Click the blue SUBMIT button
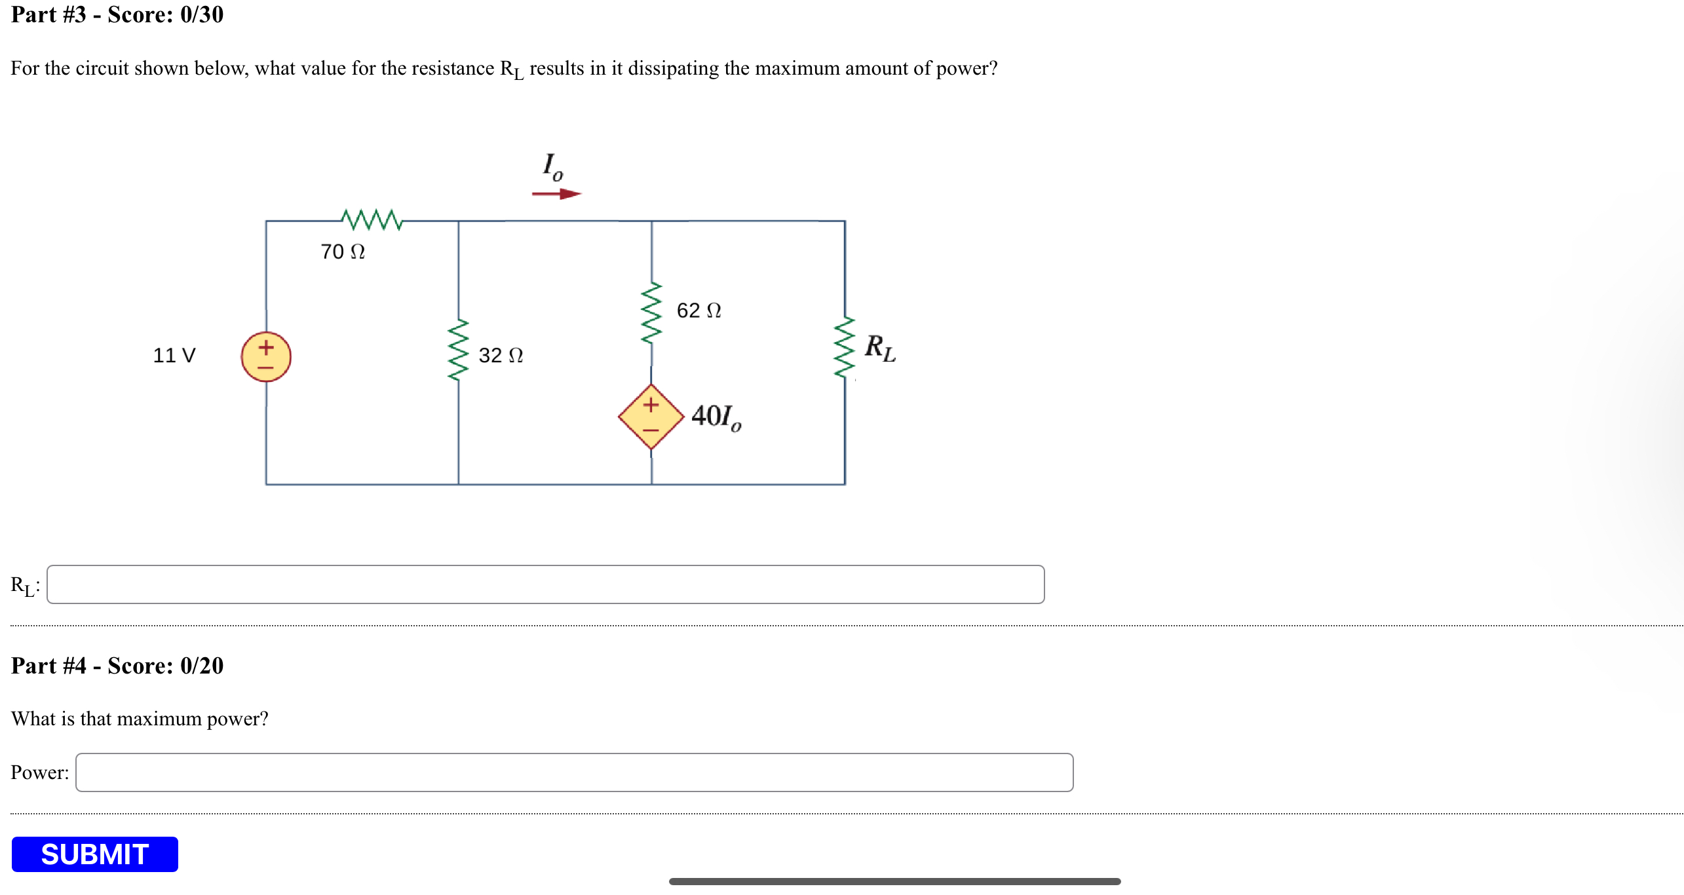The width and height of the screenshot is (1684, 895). point(95,854)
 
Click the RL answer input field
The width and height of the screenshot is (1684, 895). point(545,584)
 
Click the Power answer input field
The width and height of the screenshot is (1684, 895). point(574,772)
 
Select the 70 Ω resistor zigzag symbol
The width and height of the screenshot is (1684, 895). point(372,220)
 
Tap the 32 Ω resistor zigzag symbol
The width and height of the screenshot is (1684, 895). point(458,350)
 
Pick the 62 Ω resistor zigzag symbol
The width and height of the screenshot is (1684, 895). point(651,314)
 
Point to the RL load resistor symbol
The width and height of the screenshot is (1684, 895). point(845,348)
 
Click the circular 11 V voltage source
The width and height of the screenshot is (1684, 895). point(266,356)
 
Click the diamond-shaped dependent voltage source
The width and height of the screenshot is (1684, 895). point(651,417)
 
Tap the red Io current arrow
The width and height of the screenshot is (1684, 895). point(556,194)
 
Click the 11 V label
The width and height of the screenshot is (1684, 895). point(174,355)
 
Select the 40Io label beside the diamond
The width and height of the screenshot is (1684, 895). point(716,417)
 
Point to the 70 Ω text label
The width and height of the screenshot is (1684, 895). point(343,252)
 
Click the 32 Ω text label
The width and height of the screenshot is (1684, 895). point(501,355)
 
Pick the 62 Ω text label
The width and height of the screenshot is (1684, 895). point(698,310)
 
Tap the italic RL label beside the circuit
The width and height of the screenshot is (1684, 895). point(879,348)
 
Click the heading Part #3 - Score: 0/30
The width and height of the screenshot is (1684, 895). point(117,14)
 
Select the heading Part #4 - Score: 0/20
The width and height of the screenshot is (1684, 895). point(117,666)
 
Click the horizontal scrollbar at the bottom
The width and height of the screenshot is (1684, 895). point(894,881)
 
